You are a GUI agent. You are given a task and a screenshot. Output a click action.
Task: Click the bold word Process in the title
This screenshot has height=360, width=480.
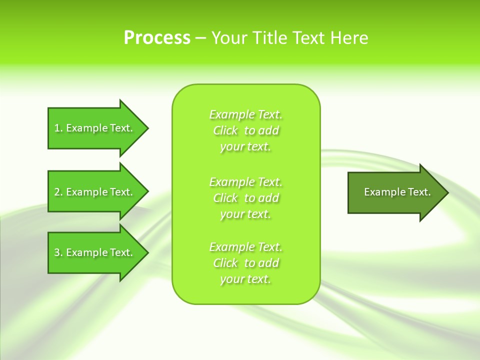(157, 38)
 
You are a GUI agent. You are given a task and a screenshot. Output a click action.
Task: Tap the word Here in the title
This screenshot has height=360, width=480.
(348, 38)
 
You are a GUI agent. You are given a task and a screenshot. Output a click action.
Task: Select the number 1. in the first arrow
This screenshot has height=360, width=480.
(58, 128)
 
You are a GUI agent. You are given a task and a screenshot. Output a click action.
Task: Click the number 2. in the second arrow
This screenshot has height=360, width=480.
(58, 192)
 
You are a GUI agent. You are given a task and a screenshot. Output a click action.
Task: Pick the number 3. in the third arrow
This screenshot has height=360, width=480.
(58, 252)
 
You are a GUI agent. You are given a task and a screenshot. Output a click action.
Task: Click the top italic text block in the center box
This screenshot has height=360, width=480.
(246, 130)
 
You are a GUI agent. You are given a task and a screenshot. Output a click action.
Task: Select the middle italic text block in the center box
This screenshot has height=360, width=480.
(246, 198)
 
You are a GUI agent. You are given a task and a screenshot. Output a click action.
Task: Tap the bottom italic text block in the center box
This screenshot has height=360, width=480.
(246, 263)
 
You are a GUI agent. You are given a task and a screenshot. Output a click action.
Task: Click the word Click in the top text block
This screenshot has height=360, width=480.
(225, 130)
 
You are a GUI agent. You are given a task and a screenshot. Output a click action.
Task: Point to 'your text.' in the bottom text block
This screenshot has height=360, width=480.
(245, 279)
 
